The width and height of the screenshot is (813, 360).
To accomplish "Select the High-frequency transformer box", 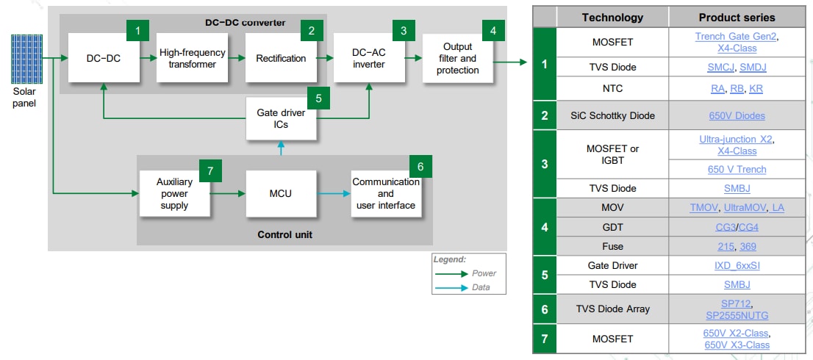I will pyautogui.click(x=193, y=58).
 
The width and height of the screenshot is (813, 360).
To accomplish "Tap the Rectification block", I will pyautogui.click(x=281, y=58).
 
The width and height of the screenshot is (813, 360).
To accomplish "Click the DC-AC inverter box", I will pyautogui.click(x=368, y=58).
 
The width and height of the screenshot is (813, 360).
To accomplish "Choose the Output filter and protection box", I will pyautogui.click(x=457, y=58).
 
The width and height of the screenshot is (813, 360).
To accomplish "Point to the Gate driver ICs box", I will pyautogui.click(x=281, y=118).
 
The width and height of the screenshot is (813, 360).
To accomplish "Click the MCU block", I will pyautogui.click(x=281, y=193).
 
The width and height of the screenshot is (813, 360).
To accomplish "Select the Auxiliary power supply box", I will pyautogui.click(x=174, y=193).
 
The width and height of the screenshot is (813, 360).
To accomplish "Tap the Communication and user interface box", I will pyautogui.click(x=386, y=193).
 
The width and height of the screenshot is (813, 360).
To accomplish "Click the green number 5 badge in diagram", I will pyautogui.click(x=318, y=98).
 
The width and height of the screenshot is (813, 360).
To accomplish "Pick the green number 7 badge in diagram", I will pyautogui.click(x=210, y=171).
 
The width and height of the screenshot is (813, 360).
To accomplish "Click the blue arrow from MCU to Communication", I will pyautogui.click(x=334, y=194).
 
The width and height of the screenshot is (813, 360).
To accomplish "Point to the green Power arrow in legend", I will pyautogui.click(x=451, y=273).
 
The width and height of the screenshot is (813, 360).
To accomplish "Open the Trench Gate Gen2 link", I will pyautogui.click(x=736, y=36).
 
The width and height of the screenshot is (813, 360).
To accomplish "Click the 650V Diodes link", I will pyautogui.click(x=737, y=115).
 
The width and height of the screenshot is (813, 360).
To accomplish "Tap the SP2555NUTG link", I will pyautogui.click(x=737, y=314).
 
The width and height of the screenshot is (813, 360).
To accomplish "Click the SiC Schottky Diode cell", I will pyautogui.click(x=612, y=115).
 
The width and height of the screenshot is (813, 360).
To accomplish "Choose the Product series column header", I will pyautogui.click(x=737, y=17).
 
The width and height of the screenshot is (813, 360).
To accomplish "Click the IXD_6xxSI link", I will pyautogui.click(x=737, y=265).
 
